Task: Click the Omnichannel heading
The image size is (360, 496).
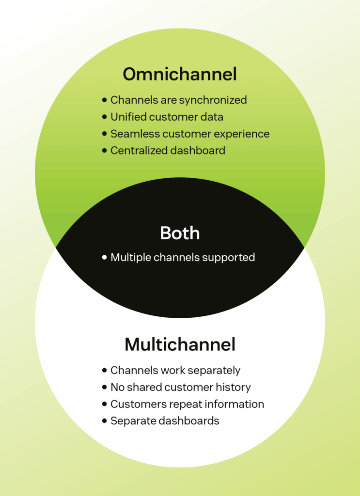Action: (x=180, y=75)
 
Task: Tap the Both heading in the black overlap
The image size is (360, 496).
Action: (x=180, y=233)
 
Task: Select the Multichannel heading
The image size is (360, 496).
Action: (x=180, y=344)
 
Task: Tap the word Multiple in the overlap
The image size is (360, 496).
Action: (x=130, y=257)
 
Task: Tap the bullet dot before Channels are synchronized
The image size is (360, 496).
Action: (x=104, y=100)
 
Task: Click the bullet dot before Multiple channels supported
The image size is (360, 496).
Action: (x=104, y=258)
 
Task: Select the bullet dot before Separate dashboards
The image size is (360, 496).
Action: (x=104, y=421)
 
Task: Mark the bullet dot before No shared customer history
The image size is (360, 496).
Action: (x=104, y=387)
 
